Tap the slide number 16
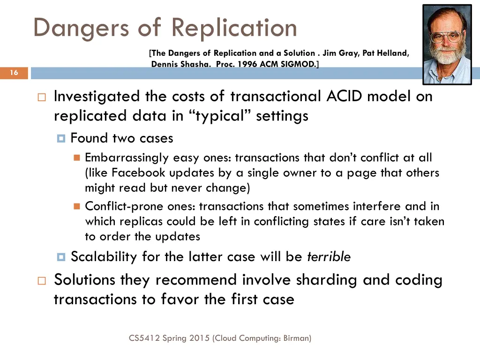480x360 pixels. [x=14, y=73]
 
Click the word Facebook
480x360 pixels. [x=139, y=172]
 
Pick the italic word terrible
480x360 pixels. [x=329, y=257]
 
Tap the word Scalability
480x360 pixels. [x=104, y=257]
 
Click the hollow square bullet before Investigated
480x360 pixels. [x=42, y=97]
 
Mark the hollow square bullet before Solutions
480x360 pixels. [x=42, y=281]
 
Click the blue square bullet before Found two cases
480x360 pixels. [x=61, y=139]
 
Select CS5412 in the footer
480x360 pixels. [x=144, y=337]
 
